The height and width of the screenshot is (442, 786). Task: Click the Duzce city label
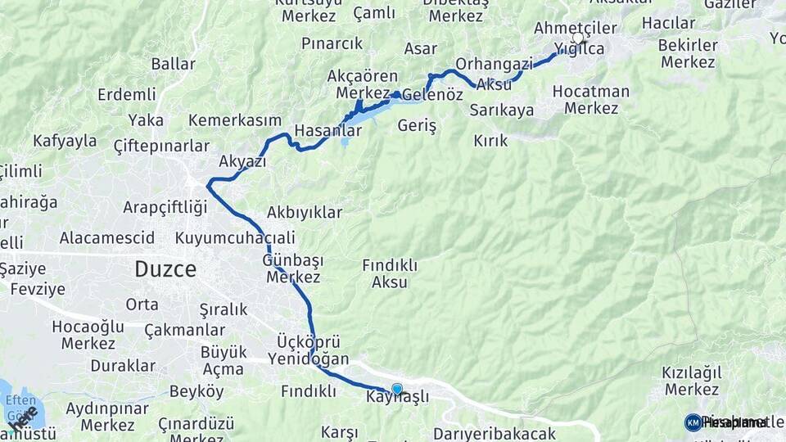coord(165,269)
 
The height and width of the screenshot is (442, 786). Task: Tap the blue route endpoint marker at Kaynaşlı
coord(397,389)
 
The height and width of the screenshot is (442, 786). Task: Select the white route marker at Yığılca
coord(578,38)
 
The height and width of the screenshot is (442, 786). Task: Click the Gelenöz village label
coord(432,94)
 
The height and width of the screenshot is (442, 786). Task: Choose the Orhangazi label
coord(494,64)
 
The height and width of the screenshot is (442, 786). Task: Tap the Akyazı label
coord(242,161)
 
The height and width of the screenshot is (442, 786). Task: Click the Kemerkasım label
coord(235,120)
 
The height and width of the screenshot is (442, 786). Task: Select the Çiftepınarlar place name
coord(160,147)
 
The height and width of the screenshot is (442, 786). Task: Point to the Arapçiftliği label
coord(165,207)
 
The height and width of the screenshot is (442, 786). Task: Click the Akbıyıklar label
coord(304,213)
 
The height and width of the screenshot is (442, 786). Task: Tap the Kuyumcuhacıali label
coord(235,238)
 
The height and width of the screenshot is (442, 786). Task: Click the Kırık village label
coord(490,141)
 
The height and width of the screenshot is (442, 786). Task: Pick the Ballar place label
coord(173,64)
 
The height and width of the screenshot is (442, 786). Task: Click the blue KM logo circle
coord(693,422)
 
